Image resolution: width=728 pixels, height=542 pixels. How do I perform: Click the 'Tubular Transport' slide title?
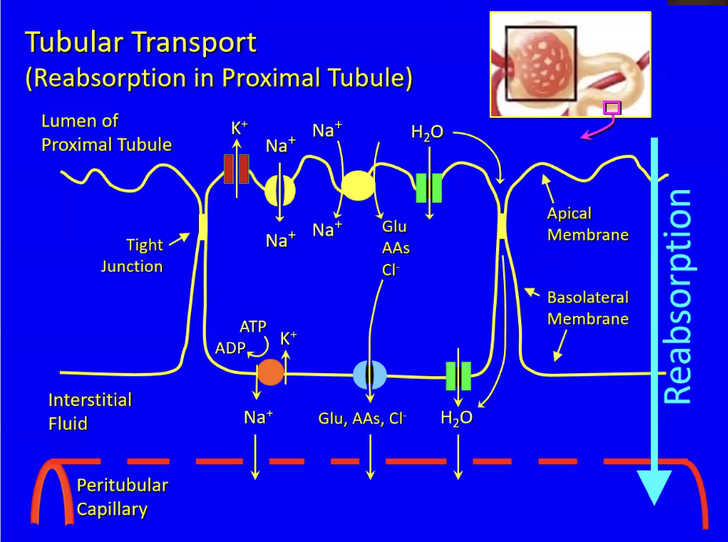141,42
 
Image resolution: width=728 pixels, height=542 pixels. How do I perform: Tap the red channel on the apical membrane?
237,170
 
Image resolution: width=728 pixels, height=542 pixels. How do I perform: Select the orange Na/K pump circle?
270,372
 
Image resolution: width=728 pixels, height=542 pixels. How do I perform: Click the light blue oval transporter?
370,375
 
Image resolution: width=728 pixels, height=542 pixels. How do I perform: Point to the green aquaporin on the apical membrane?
428,188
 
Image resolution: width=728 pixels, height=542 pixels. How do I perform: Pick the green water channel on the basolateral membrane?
458,376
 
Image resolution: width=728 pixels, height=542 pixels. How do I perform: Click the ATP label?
253,327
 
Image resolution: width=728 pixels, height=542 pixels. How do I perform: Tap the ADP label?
230,347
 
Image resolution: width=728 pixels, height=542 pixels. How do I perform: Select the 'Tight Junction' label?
132,255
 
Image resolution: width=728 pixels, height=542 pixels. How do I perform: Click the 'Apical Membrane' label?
588,224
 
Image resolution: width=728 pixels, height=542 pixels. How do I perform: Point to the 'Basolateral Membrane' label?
588,308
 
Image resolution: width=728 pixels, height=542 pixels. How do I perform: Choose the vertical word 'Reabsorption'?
678,296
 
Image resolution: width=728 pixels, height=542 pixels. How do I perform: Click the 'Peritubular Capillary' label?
123,497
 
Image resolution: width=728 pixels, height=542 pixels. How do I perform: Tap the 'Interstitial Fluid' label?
90,412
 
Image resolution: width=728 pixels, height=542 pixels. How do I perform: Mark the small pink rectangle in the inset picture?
612,108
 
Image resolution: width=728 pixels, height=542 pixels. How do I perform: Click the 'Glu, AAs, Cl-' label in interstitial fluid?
362,419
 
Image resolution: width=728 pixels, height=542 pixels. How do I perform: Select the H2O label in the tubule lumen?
427,132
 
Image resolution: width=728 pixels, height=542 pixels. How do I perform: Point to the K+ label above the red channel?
240,127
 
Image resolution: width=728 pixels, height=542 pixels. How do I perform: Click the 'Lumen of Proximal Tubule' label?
107,133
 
